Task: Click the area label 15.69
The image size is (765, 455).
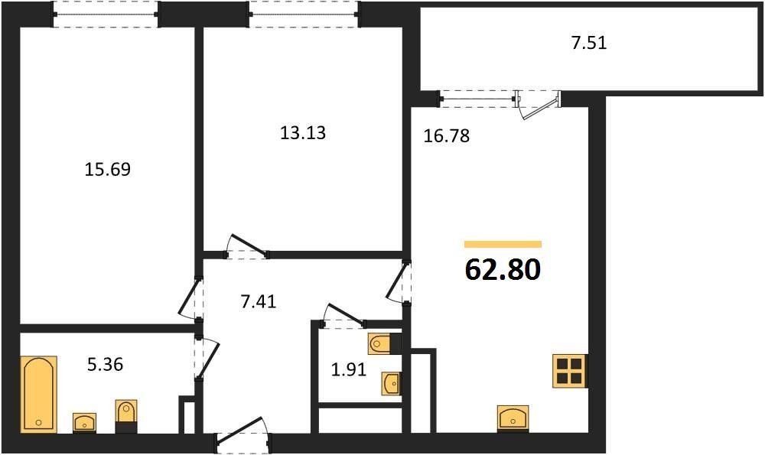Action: click(107, 169)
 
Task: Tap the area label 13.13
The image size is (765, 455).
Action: click(303, 133)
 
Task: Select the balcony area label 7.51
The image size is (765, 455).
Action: click(589, 43)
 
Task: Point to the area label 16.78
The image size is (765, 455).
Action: click(446, 137)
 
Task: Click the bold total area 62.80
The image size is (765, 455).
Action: click(503, 269)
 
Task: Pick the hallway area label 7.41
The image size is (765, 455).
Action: click(258, 301)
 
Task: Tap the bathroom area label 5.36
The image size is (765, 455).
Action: click(105, 365)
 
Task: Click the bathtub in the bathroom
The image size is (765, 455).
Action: click(38, 394)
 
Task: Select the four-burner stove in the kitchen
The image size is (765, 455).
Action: click(570, 372)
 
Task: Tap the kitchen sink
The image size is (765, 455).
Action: click(513, 418)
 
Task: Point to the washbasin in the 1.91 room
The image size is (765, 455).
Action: click(391, 382)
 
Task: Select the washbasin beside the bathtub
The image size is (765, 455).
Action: click(83, 421)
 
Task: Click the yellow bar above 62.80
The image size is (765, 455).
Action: click(503, 244)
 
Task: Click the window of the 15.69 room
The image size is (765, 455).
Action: click(106, 13)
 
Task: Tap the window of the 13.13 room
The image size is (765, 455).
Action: click(303, 13)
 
